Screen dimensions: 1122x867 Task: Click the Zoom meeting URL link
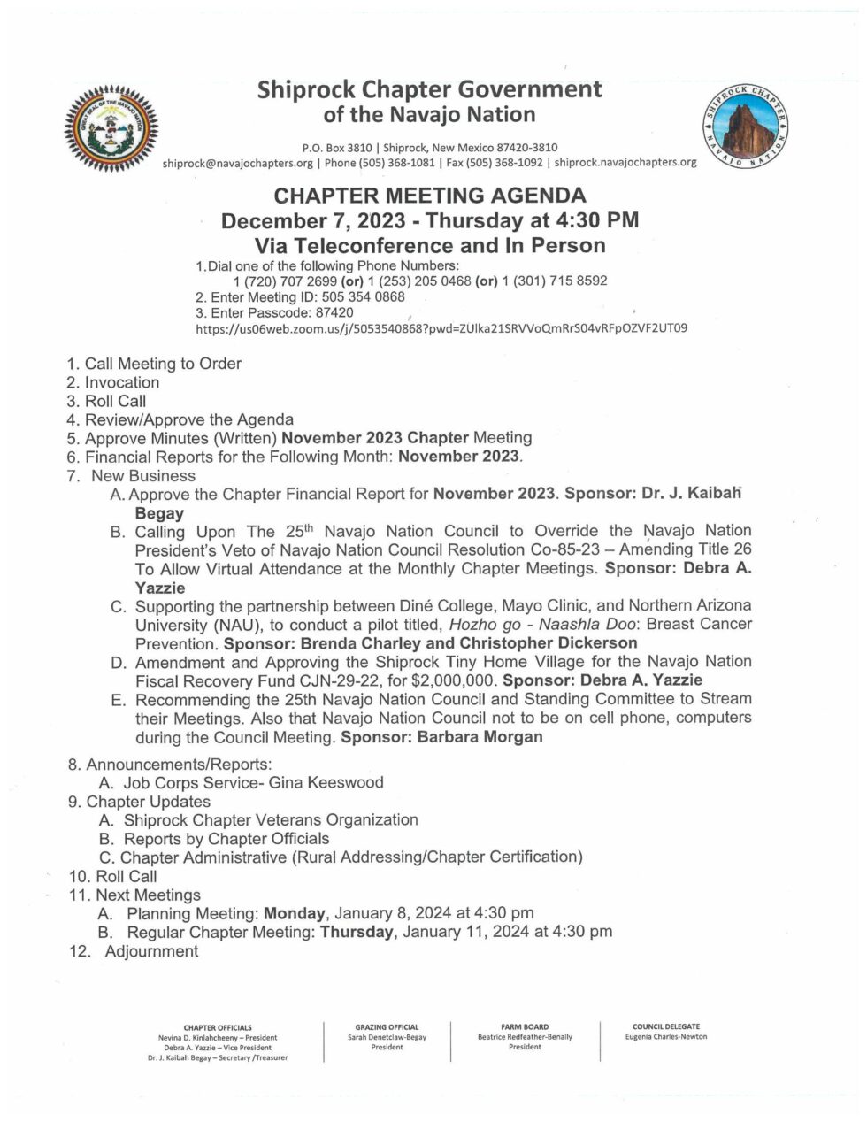pos(441,328)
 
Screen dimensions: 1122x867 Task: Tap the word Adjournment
pos(151,951)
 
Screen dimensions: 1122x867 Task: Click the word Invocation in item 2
pos(122,382)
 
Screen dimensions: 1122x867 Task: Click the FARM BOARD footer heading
pos(524,1026)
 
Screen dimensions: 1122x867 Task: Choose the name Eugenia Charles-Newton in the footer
pos(665,1036)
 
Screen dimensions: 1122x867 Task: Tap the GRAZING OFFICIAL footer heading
pos(387,1026)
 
